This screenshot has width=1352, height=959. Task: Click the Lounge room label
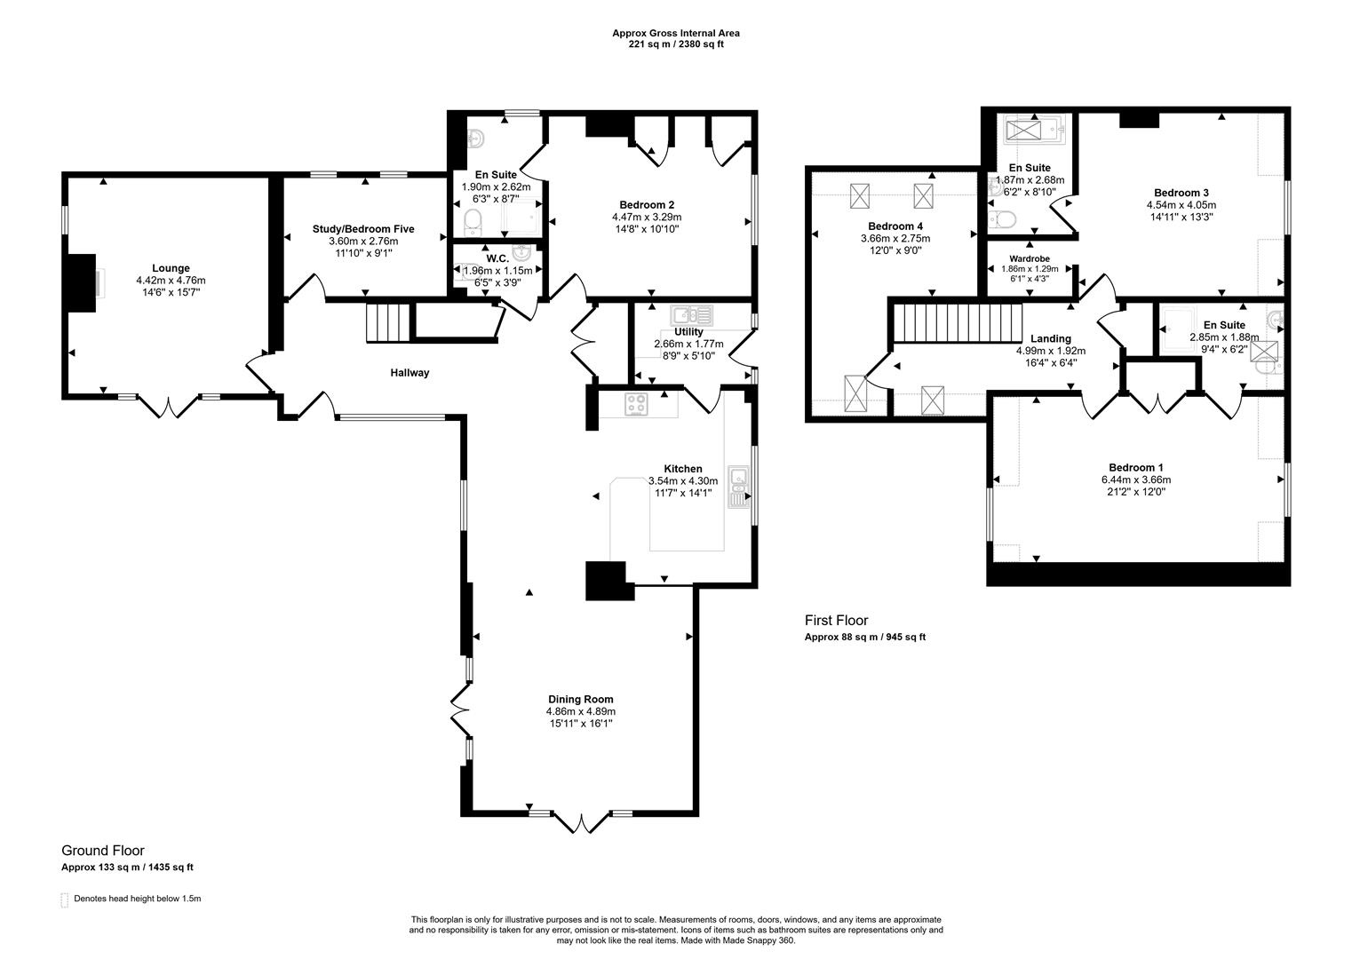(x=171, y=268)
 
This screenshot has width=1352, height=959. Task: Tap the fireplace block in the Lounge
(x=82, y=283)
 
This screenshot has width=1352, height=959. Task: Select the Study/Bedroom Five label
(x=363, y=229)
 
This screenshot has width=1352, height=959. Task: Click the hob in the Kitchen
(x=637, y=404)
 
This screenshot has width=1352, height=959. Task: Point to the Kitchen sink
(x=738, y=487)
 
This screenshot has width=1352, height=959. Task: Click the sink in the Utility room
(x=691, y=314)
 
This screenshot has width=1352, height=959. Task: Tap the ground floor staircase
(x=389, y=322)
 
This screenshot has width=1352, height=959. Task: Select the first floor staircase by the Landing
(x=957, y=321)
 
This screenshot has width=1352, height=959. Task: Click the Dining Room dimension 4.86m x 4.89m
(x=580, y=711)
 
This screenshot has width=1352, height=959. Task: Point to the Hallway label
(x=410, y=373)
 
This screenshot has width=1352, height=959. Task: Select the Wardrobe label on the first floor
(x=1029, y=258)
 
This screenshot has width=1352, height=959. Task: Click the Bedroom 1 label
(x=1135, y=468)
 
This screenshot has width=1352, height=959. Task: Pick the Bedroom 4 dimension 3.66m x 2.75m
(x=895, y=238)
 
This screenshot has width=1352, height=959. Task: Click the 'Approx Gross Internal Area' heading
(x=675, y=33)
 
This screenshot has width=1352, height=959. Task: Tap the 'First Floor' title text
(x=836, y=621)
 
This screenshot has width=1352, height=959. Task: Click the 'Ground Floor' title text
(x=102, y=851)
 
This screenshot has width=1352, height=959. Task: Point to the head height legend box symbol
(x=64, y=900)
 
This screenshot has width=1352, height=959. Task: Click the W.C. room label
(x=497, y=258)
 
